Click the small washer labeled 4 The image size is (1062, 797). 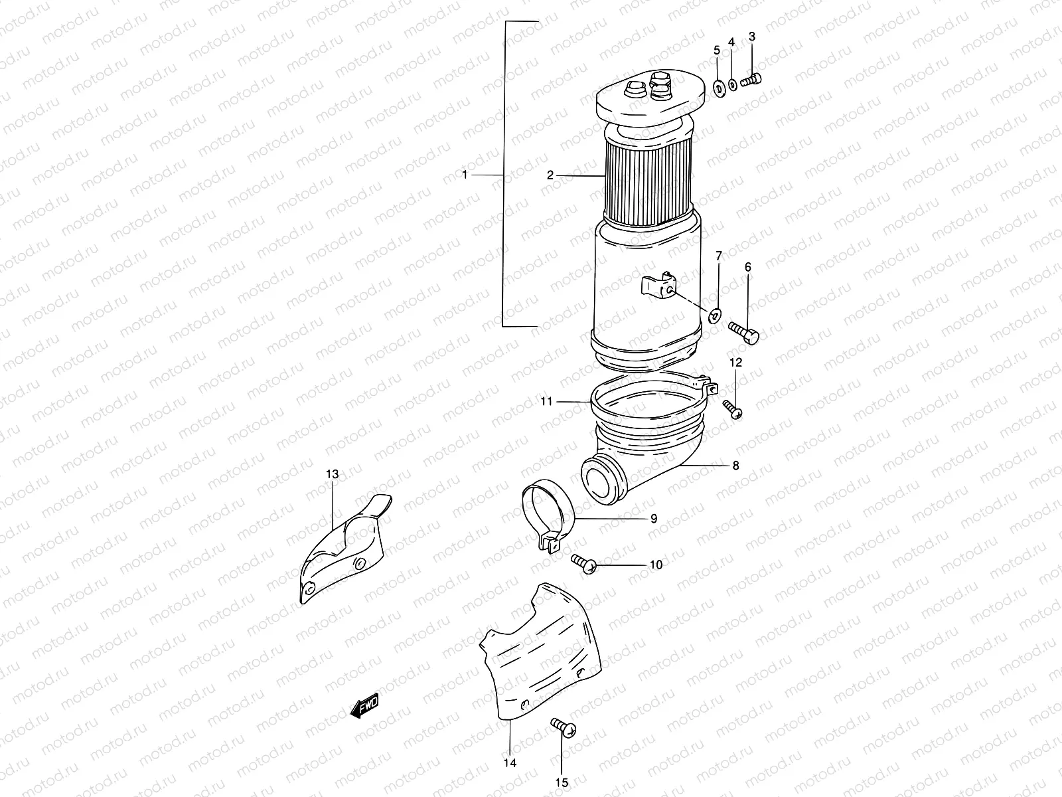pos(732,84)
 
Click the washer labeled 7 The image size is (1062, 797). pos(715,315)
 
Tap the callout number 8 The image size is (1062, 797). pos(735,466)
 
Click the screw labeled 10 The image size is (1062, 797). pos(584,564)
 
